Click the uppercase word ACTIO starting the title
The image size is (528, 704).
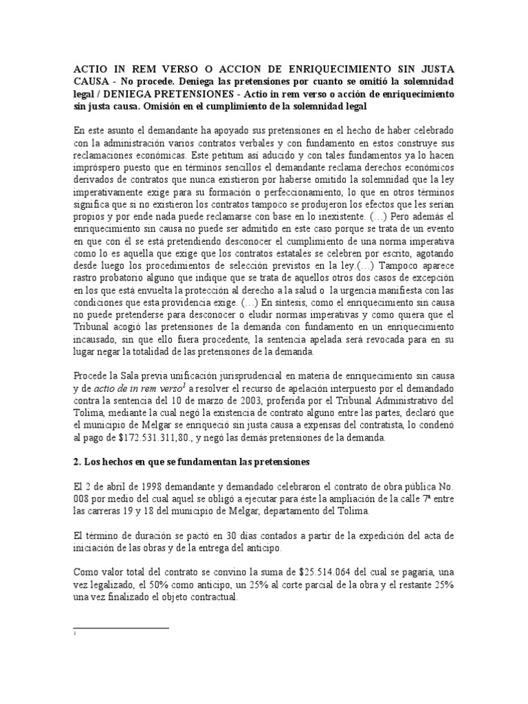click(x=90, y=71)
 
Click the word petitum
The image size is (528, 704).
click(x=221, y=155)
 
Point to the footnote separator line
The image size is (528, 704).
click(x=120, y=627)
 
